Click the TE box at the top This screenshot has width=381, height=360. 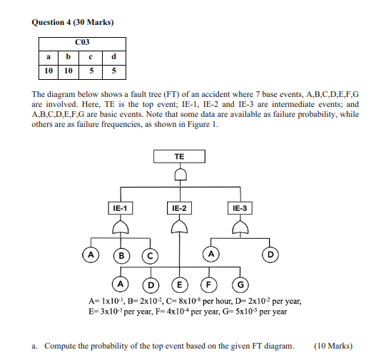tap(179, 156)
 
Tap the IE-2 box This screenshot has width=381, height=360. tap(179, 208)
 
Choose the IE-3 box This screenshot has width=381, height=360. tap(240, 208)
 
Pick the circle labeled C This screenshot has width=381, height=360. tap(151, 254)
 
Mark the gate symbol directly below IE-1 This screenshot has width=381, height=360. tap(121, 227)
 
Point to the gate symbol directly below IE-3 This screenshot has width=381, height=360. tap(239, 227)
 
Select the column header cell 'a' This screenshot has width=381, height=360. tap(48, 56)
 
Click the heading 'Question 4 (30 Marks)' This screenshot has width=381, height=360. tap(73, 22)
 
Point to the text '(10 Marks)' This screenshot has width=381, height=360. tap(332, 346)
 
